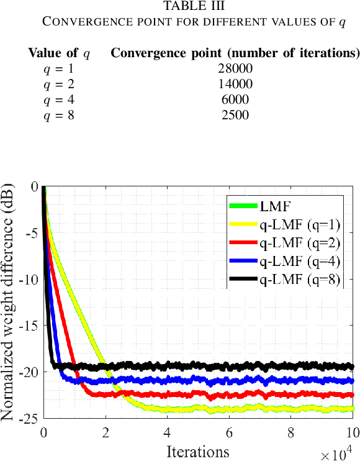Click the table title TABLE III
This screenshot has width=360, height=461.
(193, 6)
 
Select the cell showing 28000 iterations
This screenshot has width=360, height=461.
(235, 68)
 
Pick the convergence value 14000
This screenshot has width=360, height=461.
(235, 84)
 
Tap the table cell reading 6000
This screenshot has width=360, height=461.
(235, 99)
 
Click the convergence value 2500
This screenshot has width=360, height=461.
(235, 115)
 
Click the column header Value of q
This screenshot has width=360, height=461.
(59, 53)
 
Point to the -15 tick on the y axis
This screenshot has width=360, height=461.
(28, 326)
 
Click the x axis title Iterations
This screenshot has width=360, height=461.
(197, 450)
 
